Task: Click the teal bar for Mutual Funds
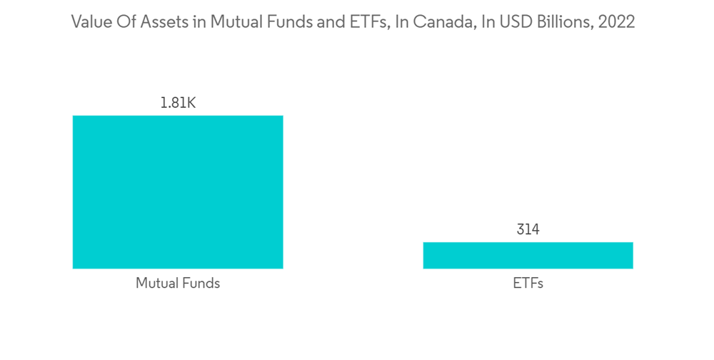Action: point(178,191)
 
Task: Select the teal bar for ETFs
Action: point(528,255)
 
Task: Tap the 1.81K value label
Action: point(178,104)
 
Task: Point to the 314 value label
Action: point(528,230)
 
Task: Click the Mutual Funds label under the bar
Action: point(178,284)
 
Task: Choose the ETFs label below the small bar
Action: point(528,284)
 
